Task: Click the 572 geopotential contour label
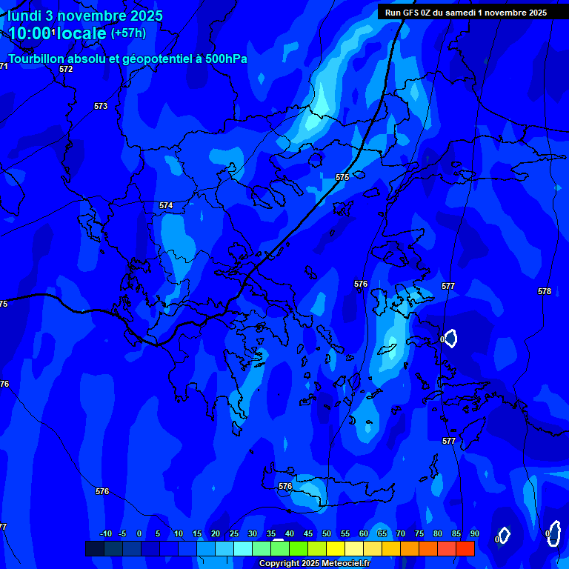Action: (66, 69)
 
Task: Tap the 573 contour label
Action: (101, 107)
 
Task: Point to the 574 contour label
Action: (166, 205)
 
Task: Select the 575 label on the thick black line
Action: (342, 178)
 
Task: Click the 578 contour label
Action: (545, 292)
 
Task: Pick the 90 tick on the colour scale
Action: (474, 534)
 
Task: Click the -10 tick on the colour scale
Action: (105, 534)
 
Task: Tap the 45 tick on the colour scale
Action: (308, 534)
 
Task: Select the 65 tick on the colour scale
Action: (382, 534)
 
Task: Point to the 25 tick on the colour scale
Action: (234, 534)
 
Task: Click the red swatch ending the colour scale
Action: (465, 548)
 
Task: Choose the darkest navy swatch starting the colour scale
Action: (94, 548)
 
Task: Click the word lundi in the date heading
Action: (24, 16)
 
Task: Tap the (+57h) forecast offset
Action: (128, 33)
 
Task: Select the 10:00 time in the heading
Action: (30, 33)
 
